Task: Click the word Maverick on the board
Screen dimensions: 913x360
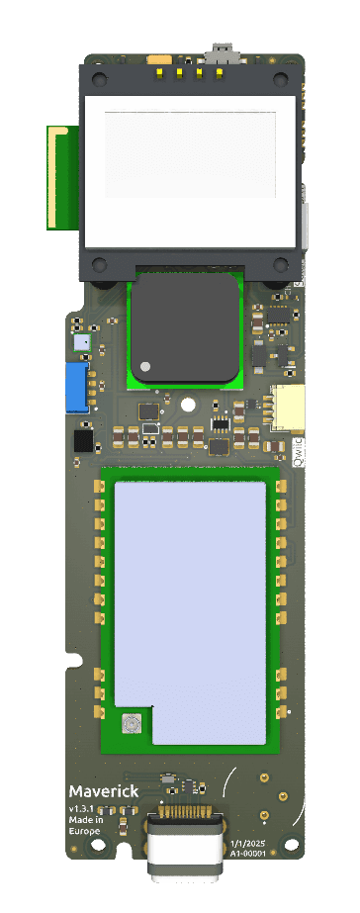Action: (103, 791)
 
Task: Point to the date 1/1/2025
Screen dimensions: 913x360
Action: (247, 840)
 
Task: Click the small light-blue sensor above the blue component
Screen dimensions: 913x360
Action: (81, 342)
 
